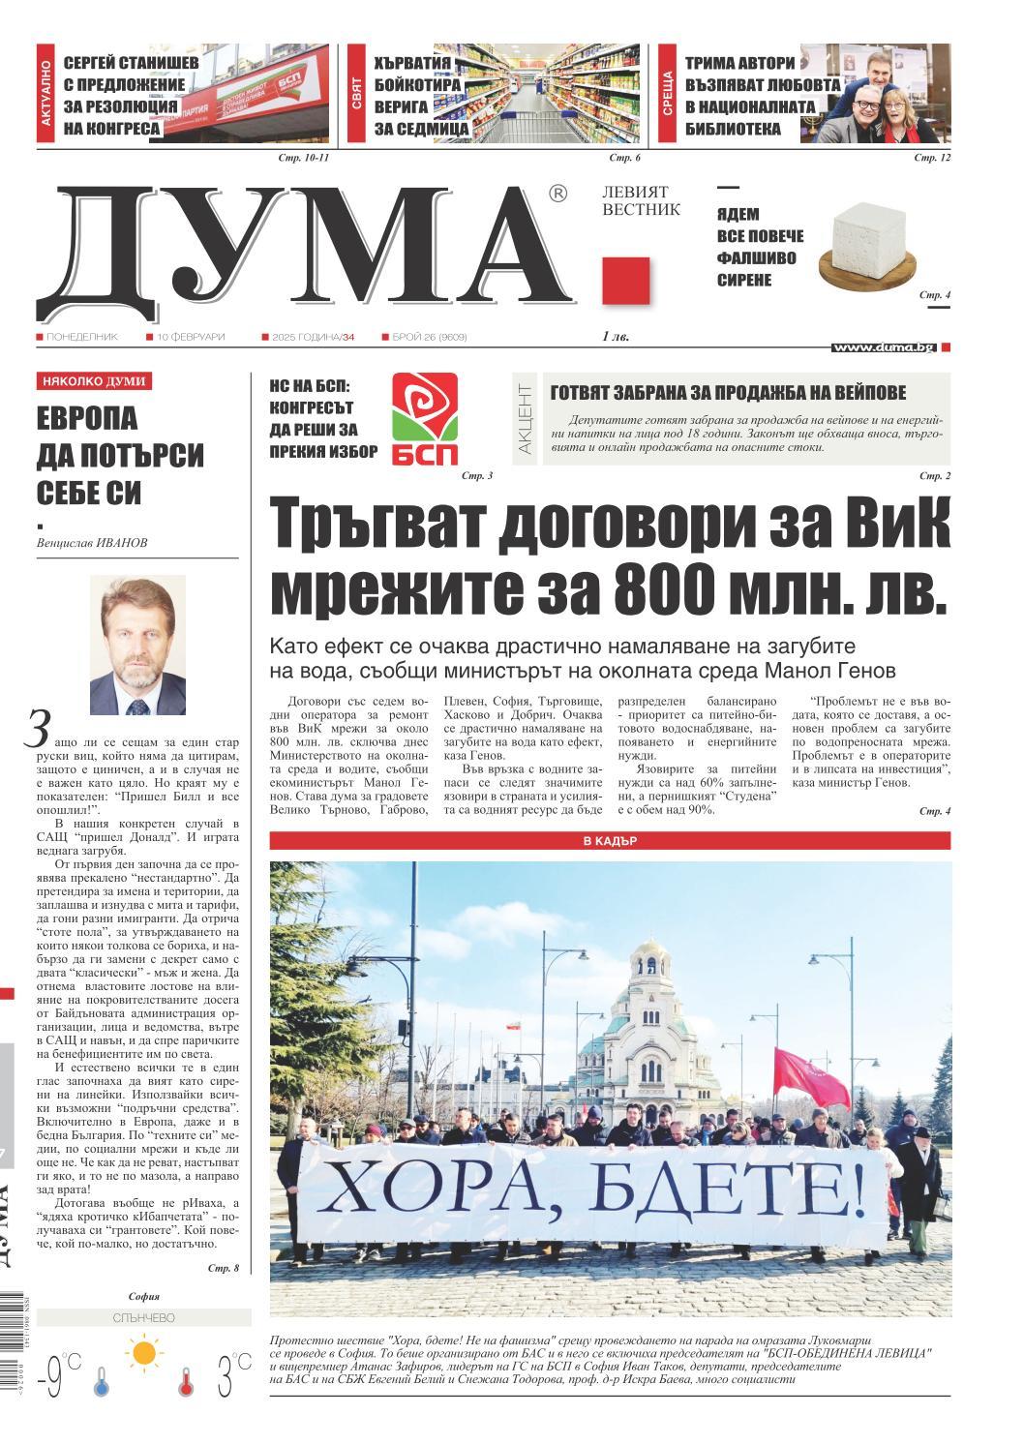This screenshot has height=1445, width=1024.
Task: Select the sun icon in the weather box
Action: click(144, 1351)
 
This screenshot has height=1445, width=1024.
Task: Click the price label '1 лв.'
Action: click(615, 337)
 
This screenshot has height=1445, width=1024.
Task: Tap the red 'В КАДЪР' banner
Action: click(610, 841)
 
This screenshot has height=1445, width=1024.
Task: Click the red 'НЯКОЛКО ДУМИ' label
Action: click(94, 381)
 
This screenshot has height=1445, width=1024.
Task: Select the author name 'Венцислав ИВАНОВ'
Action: click(86, 543)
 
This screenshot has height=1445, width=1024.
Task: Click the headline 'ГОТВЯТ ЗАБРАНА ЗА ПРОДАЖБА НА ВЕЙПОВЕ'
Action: click(728, 392)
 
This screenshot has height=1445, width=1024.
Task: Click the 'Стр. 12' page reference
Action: click(932, 158)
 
